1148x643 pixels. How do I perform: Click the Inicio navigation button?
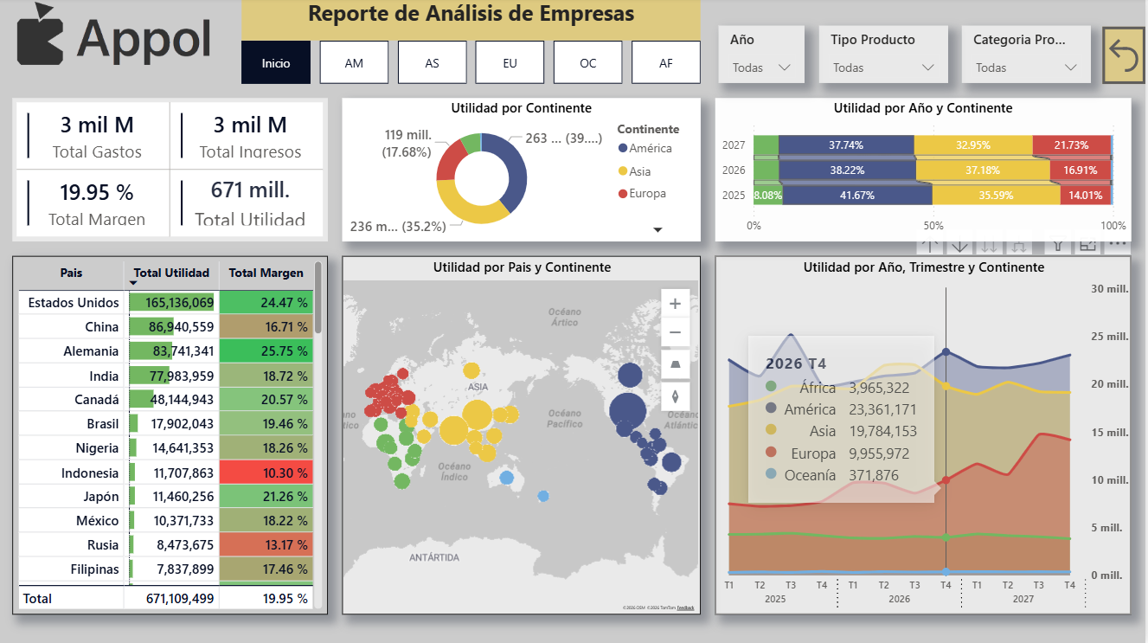click(276, 63)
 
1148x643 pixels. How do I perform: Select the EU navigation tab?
click(510, 63)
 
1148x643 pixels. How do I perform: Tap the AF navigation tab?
click(665, 63)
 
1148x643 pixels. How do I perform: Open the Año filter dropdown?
click(760, 68)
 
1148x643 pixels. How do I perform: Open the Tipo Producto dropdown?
click(882, 68)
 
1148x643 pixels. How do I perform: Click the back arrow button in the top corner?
click(1123, 55)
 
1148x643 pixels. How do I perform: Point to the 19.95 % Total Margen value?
click(96, 192)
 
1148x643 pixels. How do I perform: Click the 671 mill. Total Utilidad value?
click(250, 190)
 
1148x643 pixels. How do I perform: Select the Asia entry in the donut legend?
click(641, 171)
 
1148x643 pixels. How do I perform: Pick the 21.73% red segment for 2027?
click(1071, 145)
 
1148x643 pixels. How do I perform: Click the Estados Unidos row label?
click(74, 303)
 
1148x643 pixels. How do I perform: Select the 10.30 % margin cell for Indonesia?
click(266, 473)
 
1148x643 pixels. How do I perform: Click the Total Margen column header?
click(266, 273)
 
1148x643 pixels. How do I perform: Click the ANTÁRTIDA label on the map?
click(434, 558)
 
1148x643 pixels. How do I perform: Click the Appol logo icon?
click(40, 35)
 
